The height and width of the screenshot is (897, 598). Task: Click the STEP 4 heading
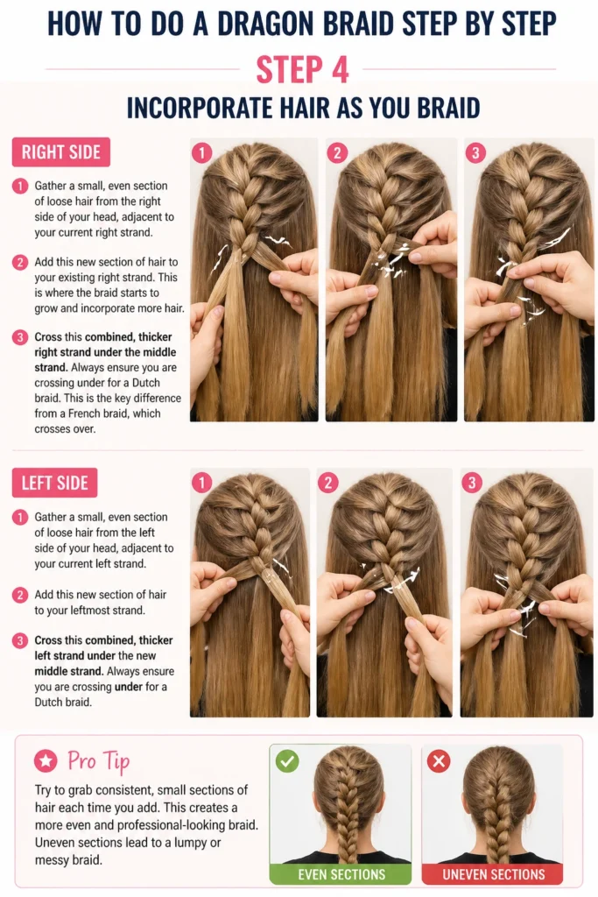[x=302, y=70]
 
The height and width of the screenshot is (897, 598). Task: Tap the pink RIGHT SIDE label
[x=61, y=152]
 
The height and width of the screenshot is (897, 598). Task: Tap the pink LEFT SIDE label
[x=55, y=483]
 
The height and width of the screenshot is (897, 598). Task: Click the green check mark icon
[x=287, y=761]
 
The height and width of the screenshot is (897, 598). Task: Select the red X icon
[x=439, y=761]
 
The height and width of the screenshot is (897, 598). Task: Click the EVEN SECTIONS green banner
[x=341, y=874]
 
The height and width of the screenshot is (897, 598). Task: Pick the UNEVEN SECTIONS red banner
[x=493, y=874]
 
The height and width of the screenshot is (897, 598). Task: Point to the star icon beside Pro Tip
[x=46, y=761]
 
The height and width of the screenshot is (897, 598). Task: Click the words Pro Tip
[x=98, y=761]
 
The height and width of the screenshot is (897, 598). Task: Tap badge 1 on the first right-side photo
[x=201, y=152]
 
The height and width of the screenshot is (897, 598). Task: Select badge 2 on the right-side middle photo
[x=337, y=152]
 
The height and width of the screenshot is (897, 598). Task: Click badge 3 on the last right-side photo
[x=475, y=152]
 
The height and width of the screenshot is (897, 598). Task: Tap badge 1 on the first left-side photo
[x=201, y=483]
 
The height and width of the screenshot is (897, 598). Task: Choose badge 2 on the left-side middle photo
[x=328, y=483]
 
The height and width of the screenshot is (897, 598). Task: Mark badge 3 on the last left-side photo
[x=472, y=483]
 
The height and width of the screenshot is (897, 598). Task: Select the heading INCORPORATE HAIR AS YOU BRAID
[x=303, y=108]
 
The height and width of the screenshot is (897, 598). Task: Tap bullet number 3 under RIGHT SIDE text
[x=20, y=337]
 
